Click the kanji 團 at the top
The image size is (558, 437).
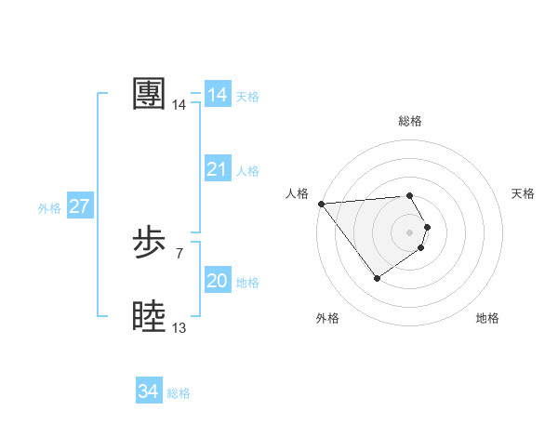pyautogui.click(x=149, y=94)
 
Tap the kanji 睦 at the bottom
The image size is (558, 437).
pyautogui.click(x=149, y=317)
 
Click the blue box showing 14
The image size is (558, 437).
pyautogui.click(x=218, y=95)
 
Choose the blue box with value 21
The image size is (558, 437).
pyautogui.click(x=218, y=169)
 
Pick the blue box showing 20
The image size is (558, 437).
pyautogui.click(x=218, y=281)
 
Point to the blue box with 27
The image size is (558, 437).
pyautogui.click(x=80, y=206)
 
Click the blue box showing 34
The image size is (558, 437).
pyautogui.click(x=149, y=392)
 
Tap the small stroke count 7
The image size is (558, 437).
pyautogui.click(x=179, y=252)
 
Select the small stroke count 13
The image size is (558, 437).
pyautogui.click(x=179, y=327)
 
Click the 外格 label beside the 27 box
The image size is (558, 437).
pyautogui.click(x=49, y=208)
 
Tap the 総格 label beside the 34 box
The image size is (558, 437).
pyautogui.click(x=179, y=393)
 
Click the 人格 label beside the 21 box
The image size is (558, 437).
pyautogui.click(x=247, y=171)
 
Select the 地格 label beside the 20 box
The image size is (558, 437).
pyautogui.click(x=247, y=283)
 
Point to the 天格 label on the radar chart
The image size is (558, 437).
pyautogui.click(x=524, y=193)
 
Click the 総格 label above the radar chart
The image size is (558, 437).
pyautogui.click(x=409, y=121)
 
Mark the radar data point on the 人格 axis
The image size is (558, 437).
pyautogui.click(x=321, y=204)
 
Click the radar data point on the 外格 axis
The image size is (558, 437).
pyautogui.click(x=377, y=277)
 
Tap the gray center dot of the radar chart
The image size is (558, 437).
pyautogui.click(x=409, y=232)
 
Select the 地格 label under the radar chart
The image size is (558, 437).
pyautogui.click(x=487, y=318)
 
